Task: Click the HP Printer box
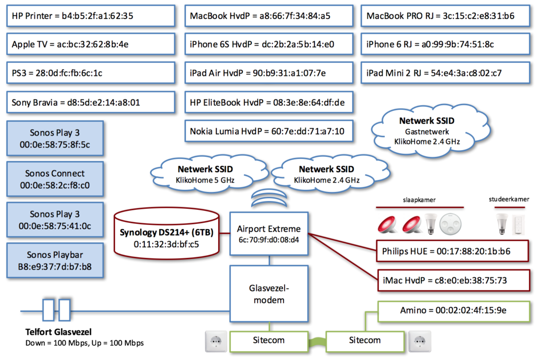90,16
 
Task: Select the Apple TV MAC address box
90,44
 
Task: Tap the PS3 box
90,73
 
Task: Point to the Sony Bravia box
90,103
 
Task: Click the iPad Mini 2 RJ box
445,73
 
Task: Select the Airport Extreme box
269,234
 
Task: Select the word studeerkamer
509,199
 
